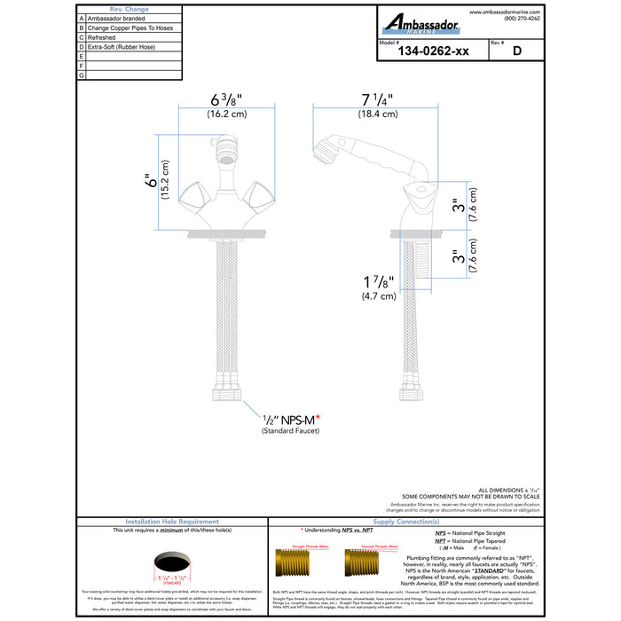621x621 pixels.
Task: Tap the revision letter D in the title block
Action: [x=516, y=51]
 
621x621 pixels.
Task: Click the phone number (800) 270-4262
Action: [x=521, y=19]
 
